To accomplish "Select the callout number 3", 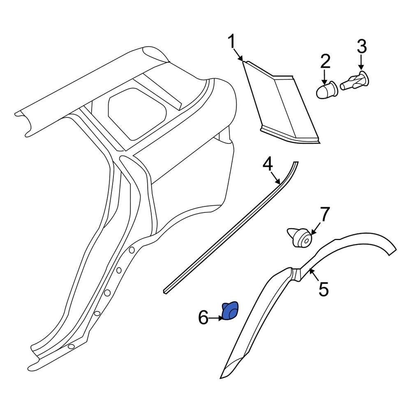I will click(x=361, y=46).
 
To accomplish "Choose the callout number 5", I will click(x=324, y=289).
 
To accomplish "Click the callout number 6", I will click(x=203, y=318).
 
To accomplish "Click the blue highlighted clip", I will click(x=230, y=310).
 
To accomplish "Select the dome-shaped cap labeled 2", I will click(x=327, y=90).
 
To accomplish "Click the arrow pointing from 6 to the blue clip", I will click(x=216, y=318).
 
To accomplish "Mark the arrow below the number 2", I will click(x=325, y=76).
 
